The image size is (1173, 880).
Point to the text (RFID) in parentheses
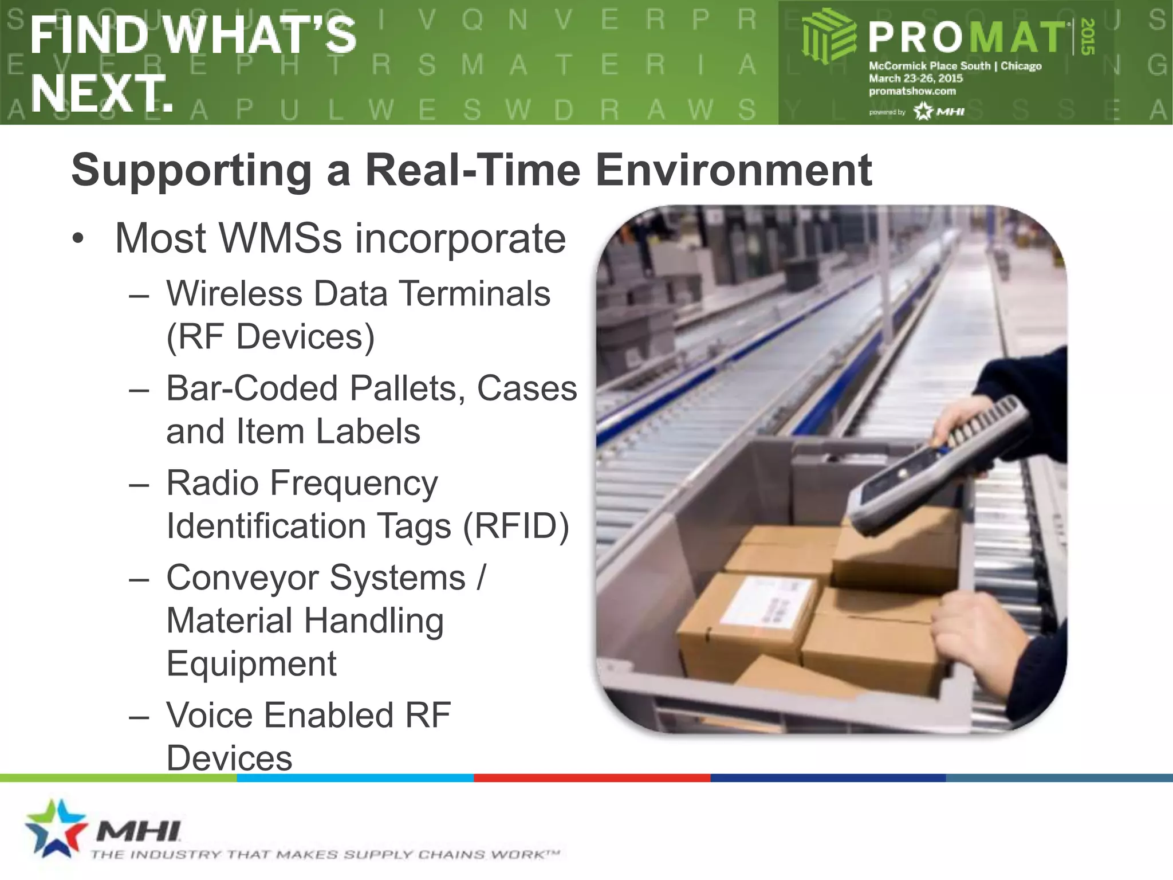(515, 526)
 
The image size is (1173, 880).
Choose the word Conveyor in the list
(242, 577)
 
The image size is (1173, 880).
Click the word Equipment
(251, 664)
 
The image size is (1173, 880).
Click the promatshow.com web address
(912, 91)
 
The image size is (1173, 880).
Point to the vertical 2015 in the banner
(1088, 37)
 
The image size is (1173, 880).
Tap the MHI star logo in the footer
(54, 827)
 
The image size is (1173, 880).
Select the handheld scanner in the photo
(939, 464)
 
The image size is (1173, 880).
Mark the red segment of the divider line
(592, 778)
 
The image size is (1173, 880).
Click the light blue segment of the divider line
(355, 778)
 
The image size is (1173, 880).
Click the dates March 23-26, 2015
(916, 78)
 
